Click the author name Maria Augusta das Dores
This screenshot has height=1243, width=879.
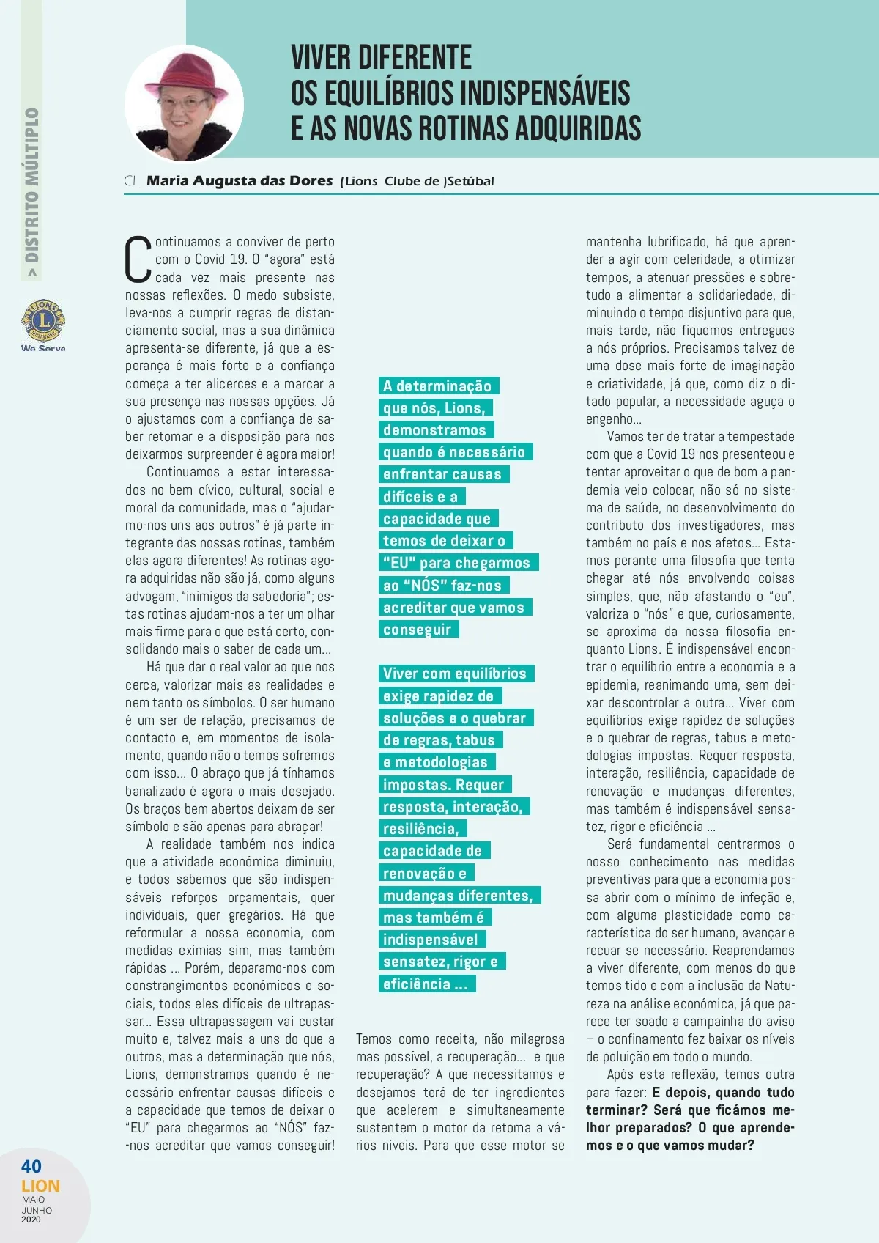tap(240, 181)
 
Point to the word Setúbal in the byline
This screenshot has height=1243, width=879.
tap(470, 181)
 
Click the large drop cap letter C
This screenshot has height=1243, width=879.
tap(138, 259)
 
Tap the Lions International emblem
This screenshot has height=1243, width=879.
tap(43, 320)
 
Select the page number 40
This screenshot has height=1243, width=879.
tap(31, 1166)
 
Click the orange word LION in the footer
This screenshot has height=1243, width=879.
tap(40, 1186)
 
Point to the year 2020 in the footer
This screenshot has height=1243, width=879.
tap(31, 1220)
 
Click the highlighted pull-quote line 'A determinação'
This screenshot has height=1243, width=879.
tap(437, 386)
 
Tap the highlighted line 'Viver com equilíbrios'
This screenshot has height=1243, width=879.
tap(455, 674)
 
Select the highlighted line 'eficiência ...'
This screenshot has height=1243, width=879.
tap(425, 984)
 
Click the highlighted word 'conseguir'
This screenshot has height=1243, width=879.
tap(418, 630)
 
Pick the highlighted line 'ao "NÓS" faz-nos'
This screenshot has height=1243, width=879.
tap(442, 586)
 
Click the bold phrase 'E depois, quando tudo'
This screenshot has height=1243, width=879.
tap(723, 1092)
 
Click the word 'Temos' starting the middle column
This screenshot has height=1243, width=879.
tap(374, 1039)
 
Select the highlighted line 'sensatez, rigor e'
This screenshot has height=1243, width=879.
tap(440, 962)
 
